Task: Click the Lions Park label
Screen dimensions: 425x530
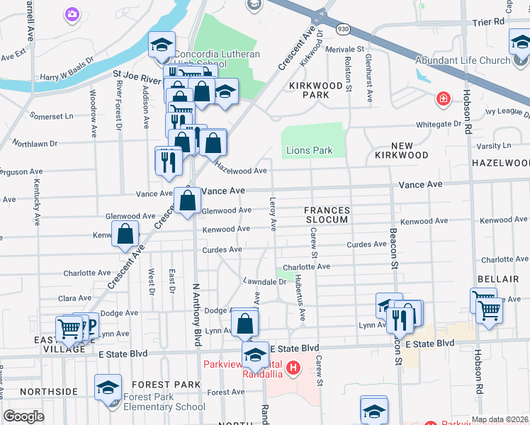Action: pyautogui.click(x=309, y=151)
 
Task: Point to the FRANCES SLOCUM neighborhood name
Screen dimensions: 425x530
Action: pyautogui.click(x=327, y=215)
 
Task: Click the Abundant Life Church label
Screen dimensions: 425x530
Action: pyautogui.click(x=463, y=61)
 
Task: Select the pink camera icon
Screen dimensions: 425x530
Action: pyautogui.click(x=72, y=13)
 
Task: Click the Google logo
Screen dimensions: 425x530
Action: pyautogui.click(x=24, y=416)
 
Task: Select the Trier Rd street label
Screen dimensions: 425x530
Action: pyautogui.click(x=487, y=22)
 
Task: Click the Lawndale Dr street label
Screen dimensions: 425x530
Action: pyautogui.click(x=264, y=281)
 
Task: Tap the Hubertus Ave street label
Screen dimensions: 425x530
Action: pyautogui.click(x=300, y=297)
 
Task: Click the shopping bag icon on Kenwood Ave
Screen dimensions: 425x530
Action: pyautogui.click(x=125, y=234)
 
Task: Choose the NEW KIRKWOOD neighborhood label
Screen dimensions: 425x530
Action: pyautogui.click(x=401, y=150)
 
